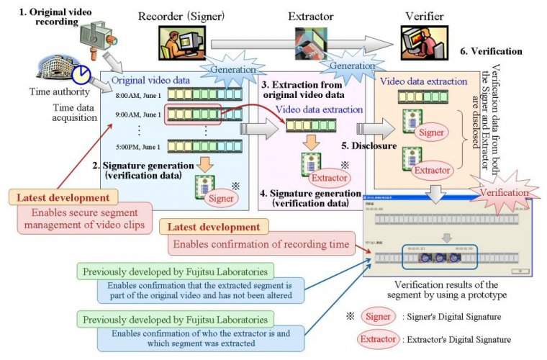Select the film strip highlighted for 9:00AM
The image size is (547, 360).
pos(191,114)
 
